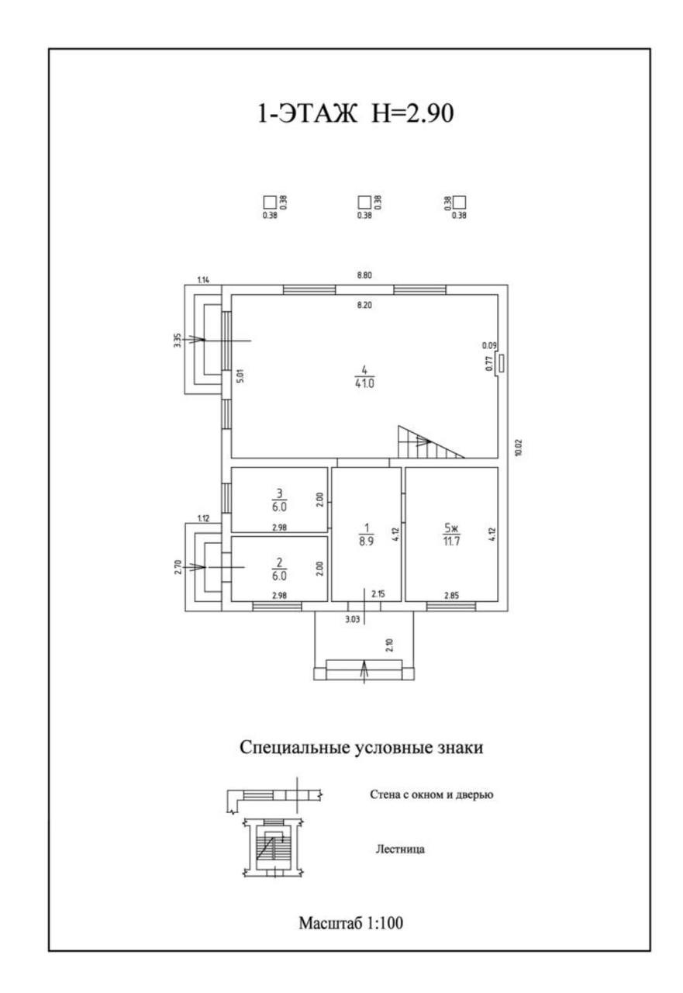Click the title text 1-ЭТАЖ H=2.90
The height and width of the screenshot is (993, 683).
tap(354, 114)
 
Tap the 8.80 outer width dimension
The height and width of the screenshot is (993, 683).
tap(364, 275)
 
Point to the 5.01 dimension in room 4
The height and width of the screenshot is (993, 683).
tap(240, 376)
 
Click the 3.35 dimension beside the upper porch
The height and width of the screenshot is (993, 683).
tap(178, 340)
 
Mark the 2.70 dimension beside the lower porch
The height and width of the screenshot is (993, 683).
tap(178, 567)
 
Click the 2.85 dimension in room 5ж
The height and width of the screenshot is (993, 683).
tap(451, 595)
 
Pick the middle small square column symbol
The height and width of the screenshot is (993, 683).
tap(364, 202)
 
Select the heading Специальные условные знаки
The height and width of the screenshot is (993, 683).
tap(361, 749)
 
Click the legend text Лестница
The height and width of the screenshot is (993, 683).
tap(400, 849)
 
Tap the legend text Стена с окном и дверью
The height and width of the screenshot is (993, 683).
tap(432, 794)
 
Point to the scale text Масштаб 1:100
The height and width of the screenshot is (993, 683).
tap(351, 923)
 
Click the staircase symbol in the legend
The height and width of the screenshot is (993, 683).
tap(272, 848)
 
